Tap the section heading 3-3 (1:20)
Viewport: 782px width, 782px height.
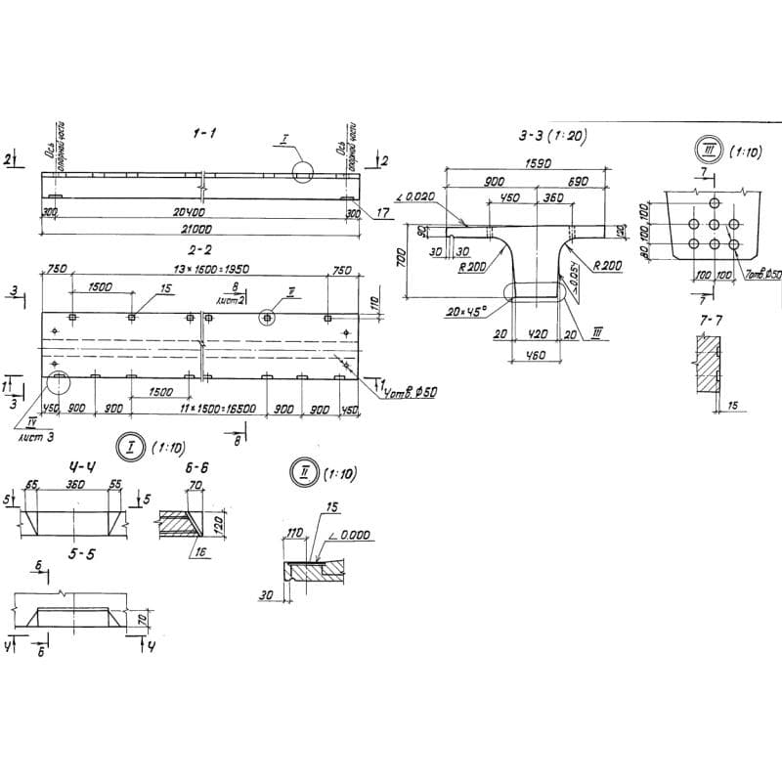[x=551, y=137]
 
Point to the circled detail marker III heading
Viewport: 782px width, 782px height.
[x=704, y=151]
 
